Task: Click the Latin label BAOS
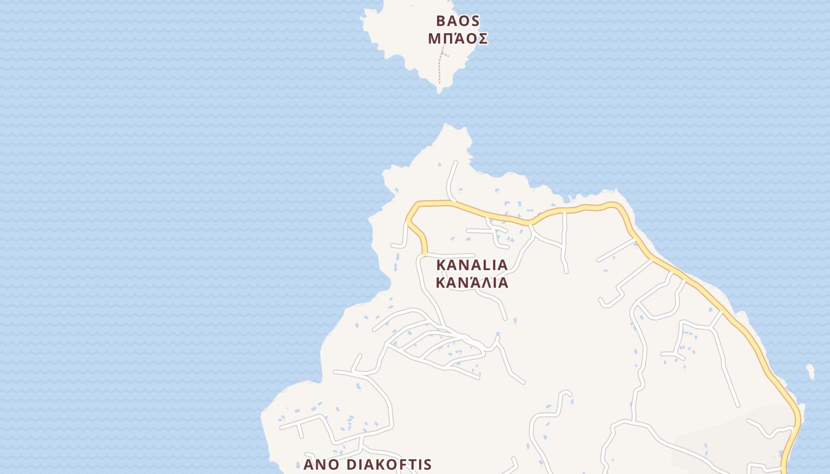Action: pos(457,21)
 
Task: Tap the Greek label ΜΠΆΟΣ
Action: pos(458,39)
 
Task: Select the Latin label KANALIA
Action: pos(472,264)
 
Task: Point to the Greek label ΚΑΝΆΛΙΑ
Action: pos(472,282)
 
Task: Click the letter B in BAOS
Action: pos(440,21)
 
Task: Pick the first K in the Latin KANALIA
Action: pos(440,264)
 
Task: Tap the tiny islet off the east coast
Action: pos(810,371)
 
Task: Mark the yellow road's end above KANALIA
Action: pos(425,255)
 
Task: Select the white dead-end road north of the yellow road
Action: pos(452,178)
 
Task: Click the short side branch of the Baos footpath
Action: pos(445,55)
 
